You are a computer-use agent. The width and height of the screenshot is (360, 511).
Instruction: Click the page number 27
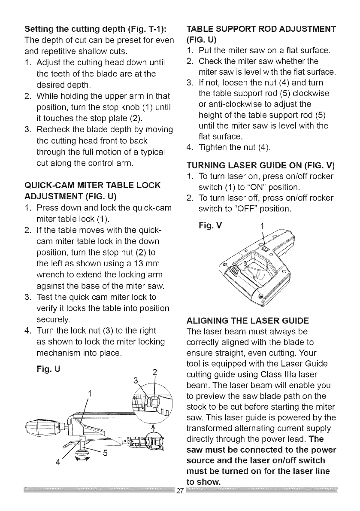pos(180,501)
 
